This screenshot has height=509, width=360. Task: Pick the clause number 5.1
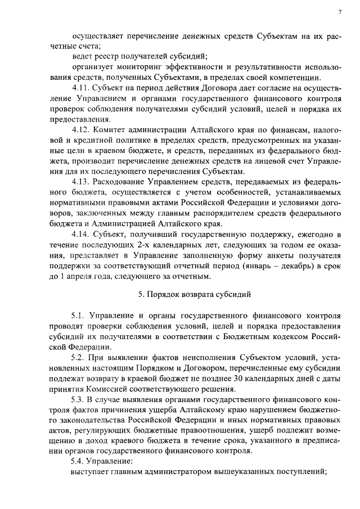point(79,316)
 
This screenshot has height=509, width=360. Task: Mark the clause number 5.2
point(80,358)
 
